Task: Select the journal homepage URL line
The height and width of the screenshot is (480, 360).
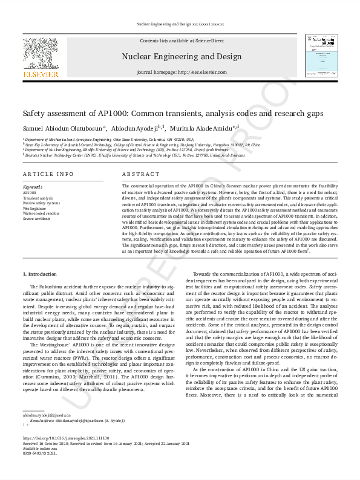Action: (182, 72)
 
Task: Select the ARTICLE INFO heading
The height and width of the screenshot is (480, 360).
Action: (48, 174)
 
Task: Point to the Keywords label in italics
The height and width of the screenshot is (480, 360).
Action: (33, 187)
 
